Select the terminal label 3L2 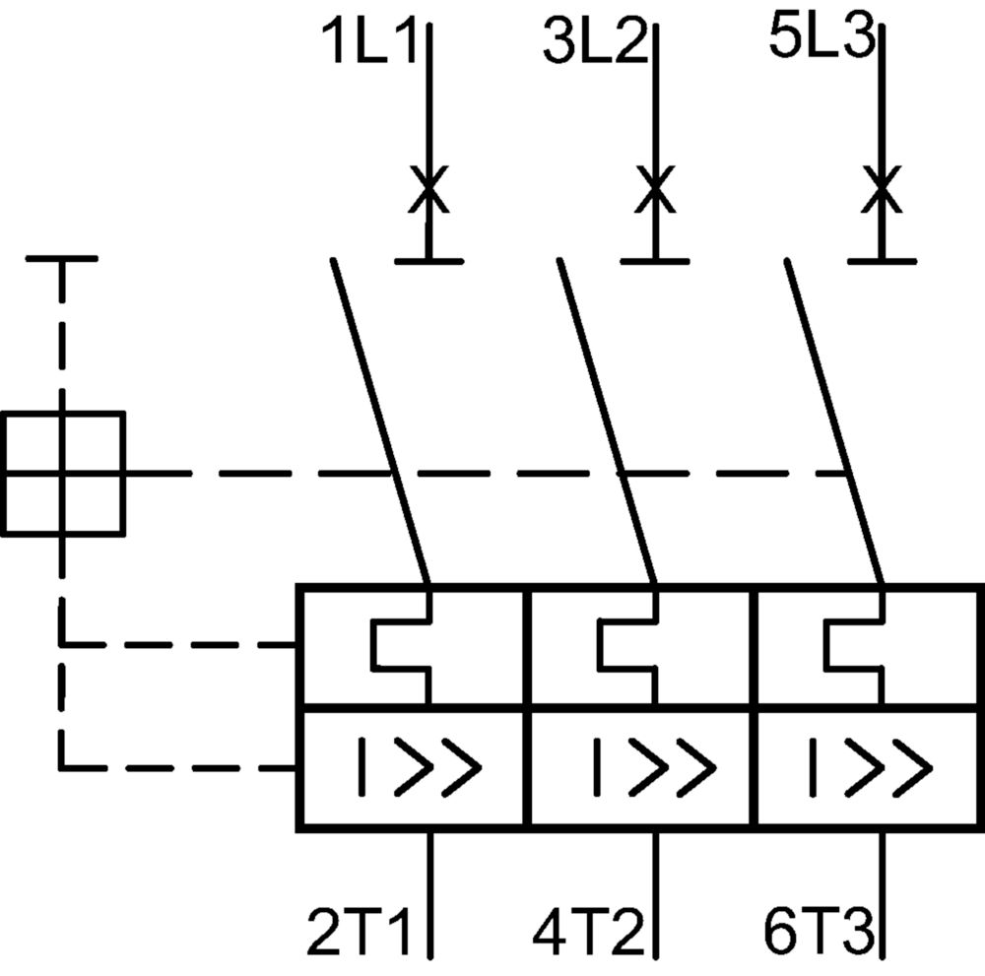point(596,41)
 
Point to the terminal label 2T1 point(359,932)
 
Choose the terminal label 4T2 point(589,932)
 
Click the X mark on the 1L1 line point(429,189)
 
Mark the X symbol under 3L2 point(655,189)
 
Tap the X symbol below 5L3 point(882,189)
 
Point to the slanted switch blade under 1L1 point(380,421)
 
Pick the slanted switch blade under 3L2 point(608,421)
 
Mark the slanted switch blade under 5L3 point(834,421)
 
